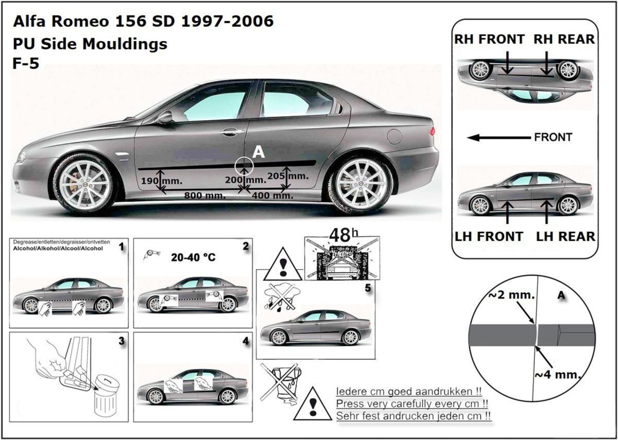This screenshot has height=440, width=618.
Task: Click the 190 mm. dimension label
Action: [162, 181]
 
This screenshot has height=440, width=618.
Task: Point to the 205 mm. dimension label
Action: [288, 176]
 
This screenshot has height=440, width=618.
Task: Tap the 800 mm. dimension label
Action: [205, 196]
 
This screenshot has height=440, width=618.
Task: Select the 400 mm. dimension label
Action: [272, 196]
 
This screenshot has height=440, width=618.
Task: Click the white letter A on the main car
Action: [259, 152]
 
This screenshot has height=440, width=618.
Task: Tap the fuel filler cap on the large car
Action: [394, 136]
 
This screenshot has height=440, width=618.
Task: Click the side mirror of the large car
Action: [165, 117]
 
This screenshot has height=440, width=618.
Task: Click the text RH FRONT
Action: [489, 40]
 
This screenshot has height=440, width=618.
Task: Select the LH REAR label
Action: [565, 237]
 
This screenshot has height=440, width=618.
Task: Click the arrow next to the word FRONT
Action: [499, 137]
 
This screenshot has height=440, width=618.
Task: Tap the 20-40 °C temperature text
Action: [193, 257]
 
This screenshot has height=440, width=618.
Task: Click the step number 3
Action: [122, 341]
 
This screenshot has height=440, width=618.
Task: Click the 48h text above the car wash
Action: [344, 236]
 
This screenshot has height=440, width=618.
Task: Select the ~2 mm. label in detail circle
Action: [512, 295]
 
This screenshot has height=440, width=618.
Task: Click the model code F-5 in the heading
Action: [26, 63]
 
